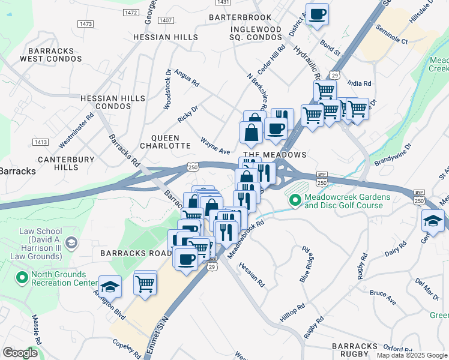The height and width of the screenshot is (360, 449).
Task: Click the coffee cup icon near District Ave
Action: tap(317, 14)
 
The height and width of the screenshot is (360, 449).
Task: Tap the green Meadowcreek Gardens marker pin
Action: tap(295, 200)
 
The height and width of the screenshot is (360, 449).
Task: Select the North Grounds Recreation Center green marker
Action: tap(22, 278)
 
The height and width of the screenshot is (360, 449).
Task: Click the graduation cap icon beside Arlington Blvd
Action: tap(110, 286)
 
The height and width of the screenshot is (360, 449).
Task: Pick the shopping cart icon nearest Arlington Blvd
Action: tap(145, 283)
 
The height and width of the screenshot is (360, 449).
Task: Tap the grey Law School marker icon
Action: tap(71, 242)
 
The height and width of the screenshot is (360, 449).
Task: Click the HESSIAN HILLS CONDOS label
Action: tap(113, 102)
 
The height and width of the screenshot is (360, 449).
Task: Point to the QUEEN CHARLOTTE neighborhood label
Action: tap(165, 141)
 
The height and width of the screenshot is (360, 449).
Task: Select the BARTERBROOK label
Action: tap(240, 17)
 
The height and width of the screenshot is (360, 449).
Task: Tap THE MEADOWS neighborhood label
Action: tap(274, 155)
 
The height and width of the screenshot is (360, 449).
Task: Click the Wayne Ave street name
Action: tap(215, 148)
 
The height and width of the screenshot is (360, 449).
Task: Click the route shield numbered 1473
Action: tap(85, 23)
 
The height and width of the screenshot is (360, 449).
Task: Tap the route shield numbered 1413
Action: tap(41, 142)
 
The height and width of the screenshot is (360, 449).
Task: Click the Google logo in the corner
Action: tap(20, 352)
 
